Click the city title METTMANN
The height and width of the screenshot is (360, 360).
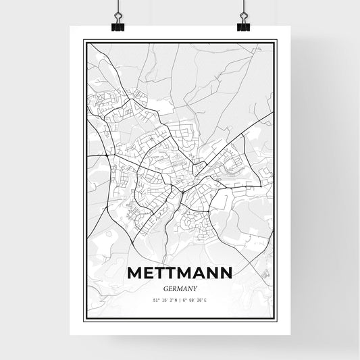click(180, 273)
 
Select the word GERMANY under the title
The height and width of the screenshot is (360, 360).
click(180, 287)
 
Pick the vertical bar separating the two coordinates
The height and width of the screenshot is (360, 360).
click(180, 301)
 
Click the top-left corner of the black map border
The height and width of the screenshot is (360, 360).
click(84, 40)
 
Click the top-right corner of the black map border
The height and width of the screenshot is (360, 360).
click(276, 40)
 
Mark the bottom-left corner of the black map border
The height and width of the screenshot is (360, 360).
click(84, 319)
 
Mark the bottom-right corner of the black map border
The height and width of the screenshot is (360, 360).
click(276, 319)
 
